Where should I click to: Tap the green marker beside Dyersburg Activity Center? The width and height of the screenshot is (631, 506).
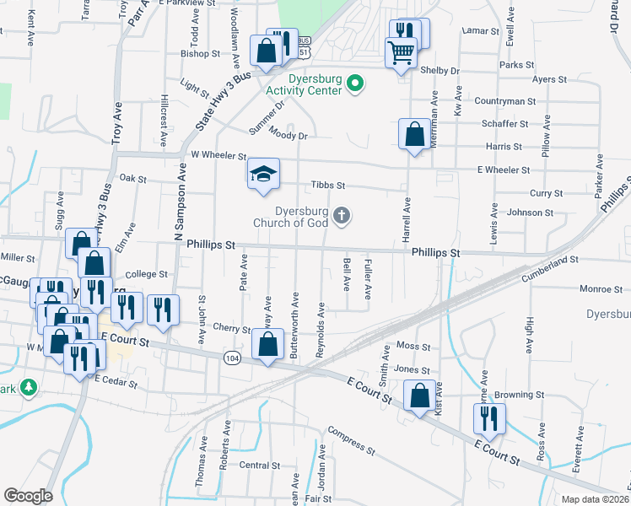tap(356, 83)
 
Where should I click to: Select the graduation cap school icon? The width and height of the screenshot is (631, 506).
tap(262, 175)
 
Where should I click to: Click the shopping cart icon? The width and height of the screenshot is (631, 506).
tap(401, 52)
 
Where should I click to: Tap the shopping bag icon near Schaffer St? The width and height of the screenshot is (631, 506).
tap(415, 134)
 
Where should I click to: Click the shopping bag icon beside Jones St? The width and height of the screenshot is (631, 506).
tap(419, 396)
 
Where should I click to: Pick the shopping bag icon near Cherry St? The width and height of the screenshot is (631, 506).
tap(267, 344)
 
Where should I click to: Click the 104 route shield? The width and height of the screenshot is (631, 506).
tap(231, 358)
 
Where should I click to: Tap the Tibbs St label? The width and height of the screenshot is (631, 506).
tap(328, 186)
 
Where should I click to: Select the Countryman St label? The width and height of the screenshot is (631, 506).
tap(505, 101)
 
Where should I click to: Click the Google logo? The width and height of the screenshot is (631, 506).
tap(28, 496)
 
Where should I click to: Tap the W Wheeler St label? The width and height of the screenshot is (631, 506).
tap(218, 155)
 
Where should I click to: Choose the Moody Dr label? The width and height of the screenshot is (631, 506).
tap(289, 133)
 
